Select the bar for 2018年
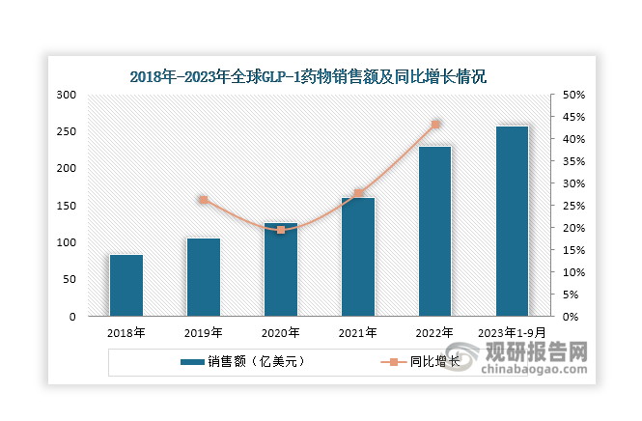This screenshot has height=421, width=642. [x=126, y=285]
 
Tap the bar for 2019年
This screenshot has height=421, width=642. [x=204, y=277]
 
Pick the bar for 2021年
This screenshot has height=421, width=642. [x=358, y=257]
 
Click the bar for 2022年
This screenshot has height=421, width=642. [x=435, y=231]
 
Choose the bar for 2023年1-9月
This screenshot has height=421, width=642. [x=513, y=221]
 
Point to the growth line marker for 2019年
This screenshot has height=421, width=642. [x=204, y=200]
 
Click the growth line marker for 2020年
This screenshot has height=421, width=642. [x=281, y=230]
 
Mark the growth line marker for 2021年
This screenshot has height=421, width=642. [x=358, y=193]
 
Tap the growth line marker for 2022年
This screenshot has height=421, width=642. [x=435, y=125]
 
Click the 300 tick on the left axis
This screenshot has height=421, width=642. [x=67, y=95]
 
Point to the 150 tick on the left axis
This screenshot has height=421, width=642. [x=67, y=206]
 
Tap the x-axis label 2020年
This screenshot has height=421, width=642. [x=281, y=332]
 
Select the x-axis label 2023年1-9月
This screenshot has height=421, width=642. [x=513, y=332]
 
